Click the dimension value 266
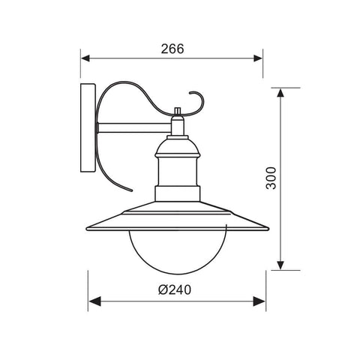tap(172, 49)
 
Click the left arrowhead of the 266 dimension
tap(86, 58)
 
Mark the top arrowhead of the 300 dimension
tap(280, 93)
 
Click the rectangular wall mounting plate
tap(87, 128)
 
